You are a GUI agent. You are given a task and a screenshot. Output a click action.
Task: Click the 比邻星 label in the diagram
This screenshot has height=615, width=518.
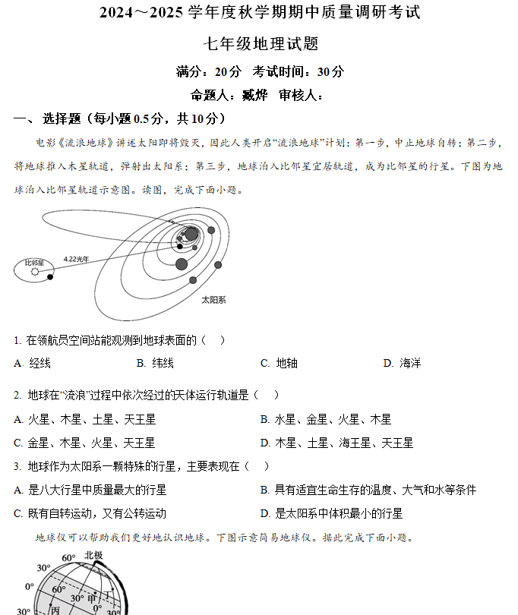(x=34, y=262)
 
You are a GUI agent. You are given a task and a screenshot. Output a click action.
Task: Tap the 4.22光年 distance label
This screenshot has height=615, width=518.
(x=76, y=259)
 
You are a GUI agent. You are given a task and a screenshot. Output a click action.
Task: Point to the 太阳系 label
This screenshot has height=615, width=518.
(x=213, y=300)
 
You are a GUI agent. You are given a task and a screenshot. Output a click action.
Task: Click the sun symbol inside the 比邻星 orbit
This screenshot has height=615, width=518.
(x=34, y=271)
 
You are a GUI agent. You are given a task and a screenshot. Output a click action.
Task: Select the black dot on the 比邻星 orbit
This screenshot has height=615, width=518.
(x=50, y=276)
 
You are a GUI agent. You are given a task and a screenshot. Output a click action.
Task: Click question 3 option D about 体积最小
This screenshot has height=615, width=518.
(x=331, y=513)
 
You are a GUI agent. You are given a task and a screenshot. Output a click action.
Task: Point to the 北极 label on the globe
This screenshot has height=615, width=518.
(x=93, y=556)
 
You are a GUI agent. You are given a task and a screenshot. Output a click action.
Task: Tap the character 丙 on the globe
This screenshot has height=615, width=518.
(x=55, y=610)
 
